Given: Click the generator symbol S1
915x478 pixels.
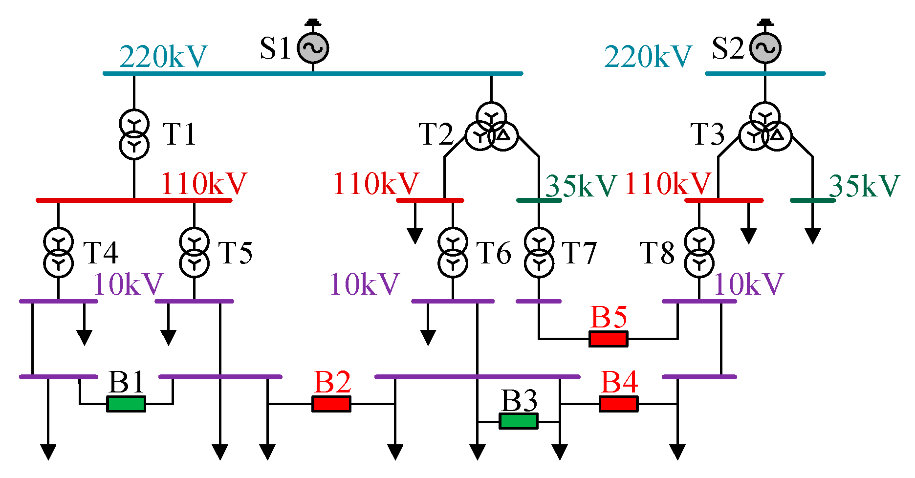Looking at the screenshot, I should pos(313,48).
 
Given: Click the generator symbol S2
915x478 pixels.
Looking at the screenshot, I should pos(765,48).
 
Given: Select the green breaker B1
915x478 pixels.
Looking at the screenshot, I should pos(126,404).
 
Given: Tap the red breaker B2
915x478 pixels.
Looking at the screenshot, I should pos(331,404).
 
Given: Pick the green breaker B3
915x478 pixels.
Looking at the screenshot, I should pos(519,421).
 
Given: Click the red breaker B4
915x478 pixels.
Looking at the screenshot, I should pos(619,404).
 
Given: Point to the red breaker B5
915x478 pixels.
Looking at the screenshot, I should pos(609,338).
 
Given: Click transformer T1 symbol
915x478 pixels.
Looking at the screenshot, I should pos(134,134).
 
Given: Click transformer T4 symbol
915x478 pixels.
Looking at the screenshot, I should pos(58,253).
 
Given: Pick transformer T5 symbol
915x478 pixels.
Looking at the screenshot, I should pos(195,253).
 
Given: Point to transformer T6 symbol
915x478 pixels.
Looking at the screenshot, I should pos(453,253).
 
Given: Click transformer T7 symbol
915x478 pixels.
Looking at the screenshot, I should pos(539,253).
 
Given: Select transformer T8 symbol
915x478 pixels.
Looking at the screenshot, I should pos(699,253).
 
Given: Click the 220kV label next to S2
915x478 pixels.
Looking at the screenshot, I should pos(648,57).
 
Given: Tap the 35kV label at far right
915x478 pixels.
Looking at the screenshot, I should pos(864,186).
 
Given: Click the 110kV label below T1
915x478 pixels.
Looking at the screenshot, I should pos(204,184).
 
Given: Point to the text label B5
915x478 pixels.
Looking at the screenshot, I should pos(609,317).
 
